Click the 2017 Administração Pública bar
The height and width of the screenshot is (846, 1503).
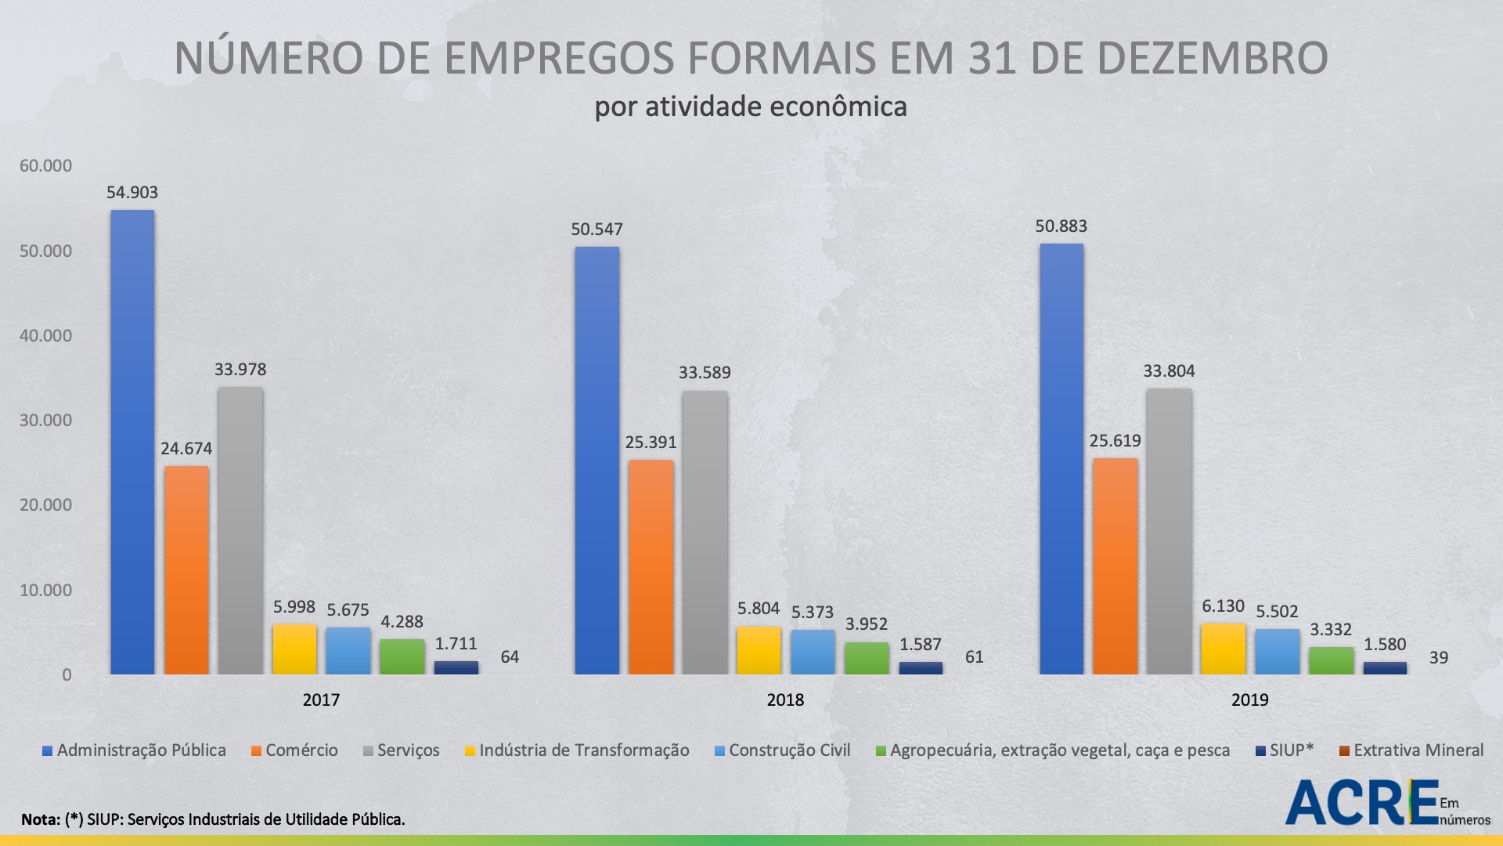click(x=132, y=443)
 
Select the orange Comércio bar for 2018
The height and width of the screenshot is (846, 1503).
click(x=651, y=567)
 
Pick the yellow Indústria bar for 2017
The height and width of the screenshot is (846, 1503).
click(x=294, y=649)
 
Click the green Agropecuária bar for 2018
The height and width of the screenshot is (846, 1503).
click(x=867, y=659)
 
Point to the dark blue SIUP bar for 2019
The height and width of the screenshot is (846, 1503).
click(x=1385, y=668)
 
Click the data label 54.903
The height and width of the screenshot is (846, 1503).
click(x=132, y=193)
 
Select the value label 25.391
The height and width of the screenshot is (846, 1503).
click(x=651, y=443)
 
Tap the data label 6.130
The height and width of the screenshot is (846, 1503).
click(x=1223, y=606)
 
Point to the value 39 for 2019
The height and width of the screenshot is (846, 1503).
click(x=1439, y=658)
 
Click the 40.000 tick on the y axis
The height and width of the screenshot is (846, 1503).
click(x=45, y=336)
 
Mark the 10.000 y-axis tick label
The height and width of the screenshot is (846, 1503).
click(x=45, y=591)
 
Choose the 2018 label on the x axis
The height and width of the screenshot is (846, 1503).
click(x=785, y=700)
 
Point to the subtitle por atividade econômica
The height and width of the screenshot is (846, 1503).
click(x=751, y=107)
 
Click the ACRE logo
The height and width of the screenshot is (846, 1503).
click(x=1362, y=803)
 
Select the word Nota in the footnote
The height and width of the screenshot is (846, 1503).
click(x=40, y=820)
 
